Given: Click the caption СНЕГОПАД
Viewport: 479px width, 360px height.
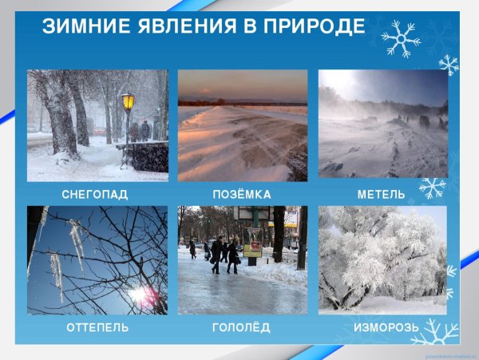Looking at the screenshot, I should coord(95,195).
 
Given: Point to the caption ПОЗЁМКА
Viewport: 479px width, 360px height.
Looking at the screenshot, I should coord(242,195).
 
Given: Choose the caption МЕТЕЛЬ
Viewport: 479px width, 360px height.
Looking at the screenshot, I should coord(382,195).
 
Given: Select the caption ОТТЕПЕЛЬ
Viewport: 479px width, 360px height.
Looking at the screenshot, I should coord(96,328).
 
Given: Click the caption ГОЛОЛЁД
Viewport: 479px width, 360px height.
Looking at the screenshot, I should coord(242,328).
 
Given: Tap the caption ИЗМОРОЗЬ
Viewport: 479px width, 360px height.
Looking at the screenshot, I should coord(382,328).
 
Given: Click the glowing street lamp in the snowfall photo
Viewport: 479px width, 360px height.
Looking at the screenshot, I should coord(128,102).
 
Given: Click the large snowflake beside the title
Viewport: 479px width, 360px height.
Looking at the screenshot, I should coord(401,39).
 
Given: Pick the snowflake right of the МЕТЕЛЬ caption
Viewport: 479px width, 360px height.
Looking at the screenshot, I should coord(432,188).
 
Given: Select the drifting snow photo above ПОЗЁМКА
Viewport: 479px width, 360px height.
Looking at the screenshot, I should coord(242,125).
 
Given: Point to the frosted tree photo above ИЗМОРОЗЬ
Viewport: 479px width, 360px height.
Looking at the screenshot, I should coord(382,259).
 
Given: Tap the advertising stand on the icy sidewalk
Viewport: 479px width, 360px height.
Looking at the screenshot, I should coord(252,243).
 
